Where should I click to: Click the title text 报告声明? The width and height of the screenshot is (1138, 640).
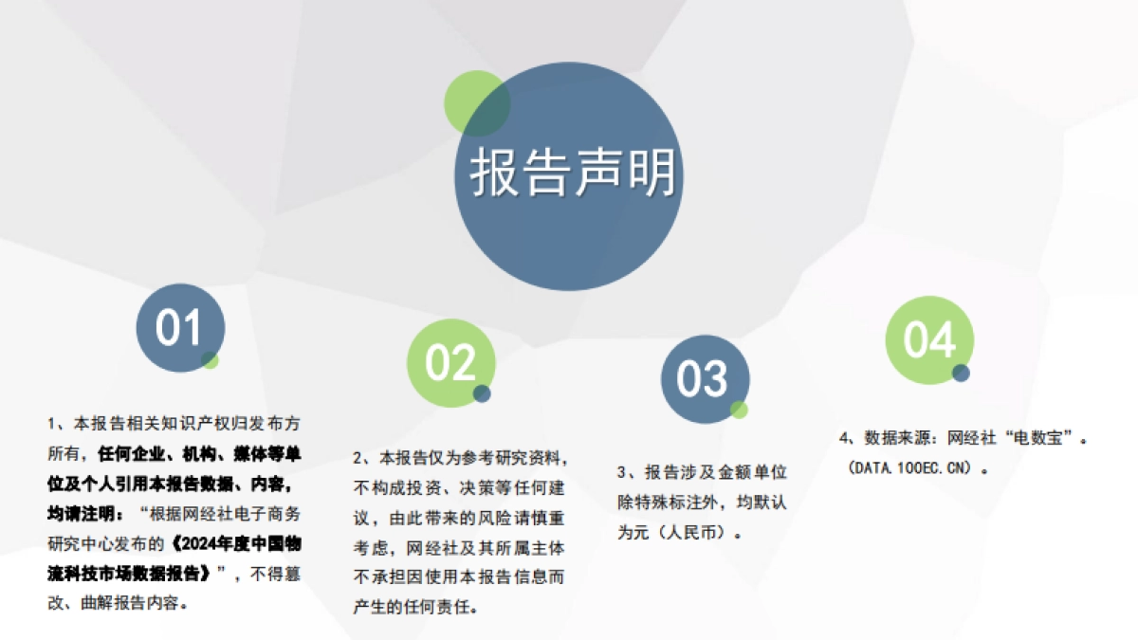pos(573,174)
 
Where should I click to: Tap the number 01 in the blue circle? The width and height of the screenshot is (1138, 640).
pos(180,328)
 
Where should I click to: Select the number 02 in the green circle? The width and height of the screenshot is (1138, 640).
pos(450,362)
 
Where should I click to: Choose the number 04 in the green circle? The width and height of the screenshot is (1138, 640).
pos(928,339)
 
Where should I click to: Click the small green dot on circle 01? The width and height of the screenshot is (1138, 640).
pos(211,360)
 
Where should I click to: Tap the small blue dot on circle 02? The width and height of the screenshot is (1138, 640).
pos(482,393)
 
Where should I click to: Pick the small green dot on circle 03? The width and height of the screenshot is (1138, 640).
pos(739,410)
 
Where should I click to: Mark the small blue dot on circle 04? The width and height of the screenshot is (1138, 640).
pos(962,373)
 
